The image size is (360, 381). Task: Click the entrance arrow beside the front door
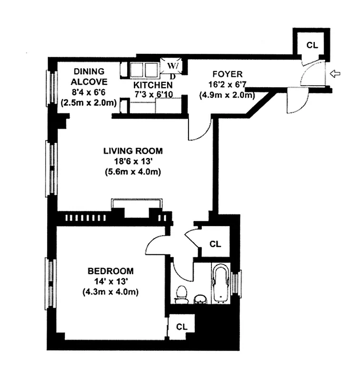(x=336, y=74)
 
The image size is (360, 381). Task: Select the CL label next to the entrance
(x=312, y=45)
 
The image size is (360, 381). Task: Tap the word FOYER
(x=227, y=74)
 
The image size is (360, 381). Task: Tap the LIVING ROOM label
(x=133, y=151)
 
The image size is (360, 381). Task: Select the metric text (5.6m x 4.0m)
(x=133, y=172)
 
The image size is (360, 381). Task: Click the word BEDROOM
(x=110, y=271)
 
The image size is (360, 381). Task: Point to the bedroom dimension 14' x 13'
(x=110, y=281)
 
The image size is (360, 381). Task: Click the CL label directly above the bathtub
(x=215, y=244)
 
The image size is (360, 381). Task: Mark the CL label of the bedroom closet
(x=181, y=327)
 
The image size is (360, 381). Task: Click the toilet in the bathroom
(x=180, y=294)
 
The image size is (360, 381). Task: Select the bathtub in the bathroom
(x=220, y=284)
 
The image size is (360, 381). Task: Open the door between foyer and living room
(x=199, y=131)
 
